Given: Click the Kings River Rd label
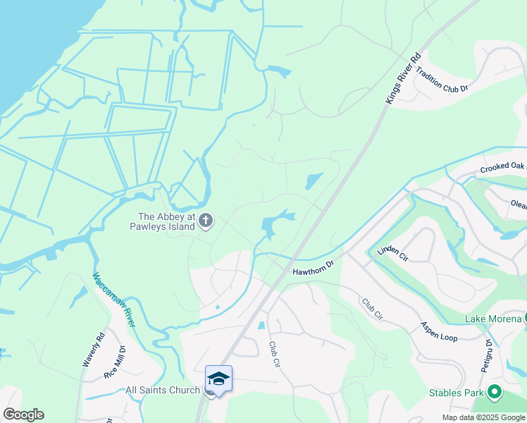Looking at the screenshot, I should pos(404,79).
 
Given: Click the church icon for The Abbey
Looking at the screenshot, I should pos(206,221).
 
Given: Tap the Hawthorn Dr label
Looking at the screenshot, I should pos(312,267).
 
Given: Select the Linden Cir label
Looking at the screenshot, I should pos(392,250).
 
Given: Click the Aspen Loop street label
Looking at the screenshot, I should pos(439,331).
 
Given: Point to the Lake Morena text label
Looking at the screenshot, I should pos(492,319).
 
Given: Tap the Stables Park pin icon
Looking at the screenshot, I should pos(495,391).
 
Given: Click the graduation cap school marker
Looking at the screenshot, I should pos(218,379).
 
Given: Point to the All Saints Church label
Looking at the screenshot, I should pos(162,390).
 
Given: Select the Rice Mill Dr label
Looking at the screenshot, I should pos(115,362).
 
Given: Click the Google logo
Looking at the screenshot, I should pos(23,415).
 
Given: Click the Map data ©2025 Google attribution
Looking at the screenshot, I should pos(483,417).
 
